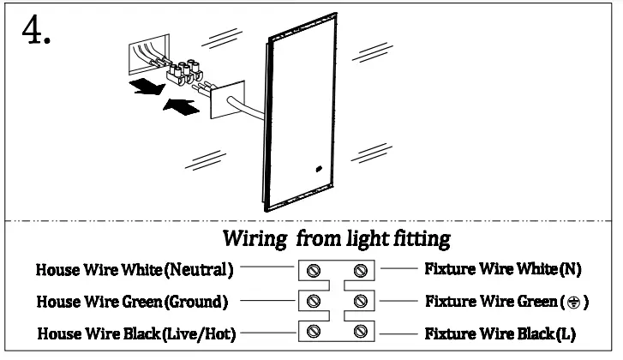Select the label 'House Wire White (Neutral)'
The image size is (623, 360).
point(135,270)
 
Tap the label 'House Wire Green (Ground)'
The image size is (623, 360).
point(131,302)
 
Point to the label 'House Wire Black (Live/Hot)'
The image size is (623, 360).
point(135,332)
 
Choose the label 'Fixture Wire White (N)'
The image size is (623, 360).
point(503,269)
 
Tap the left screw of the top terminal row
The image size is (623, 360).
point(314,272)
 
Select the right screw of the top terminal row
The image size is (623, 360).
point(361,272)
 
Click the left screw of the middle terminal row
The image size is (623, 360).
point(314,301)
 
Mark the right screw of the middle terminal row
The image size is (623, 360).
point(361,301)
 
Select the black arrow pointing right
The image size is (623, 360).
point(181,106)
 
